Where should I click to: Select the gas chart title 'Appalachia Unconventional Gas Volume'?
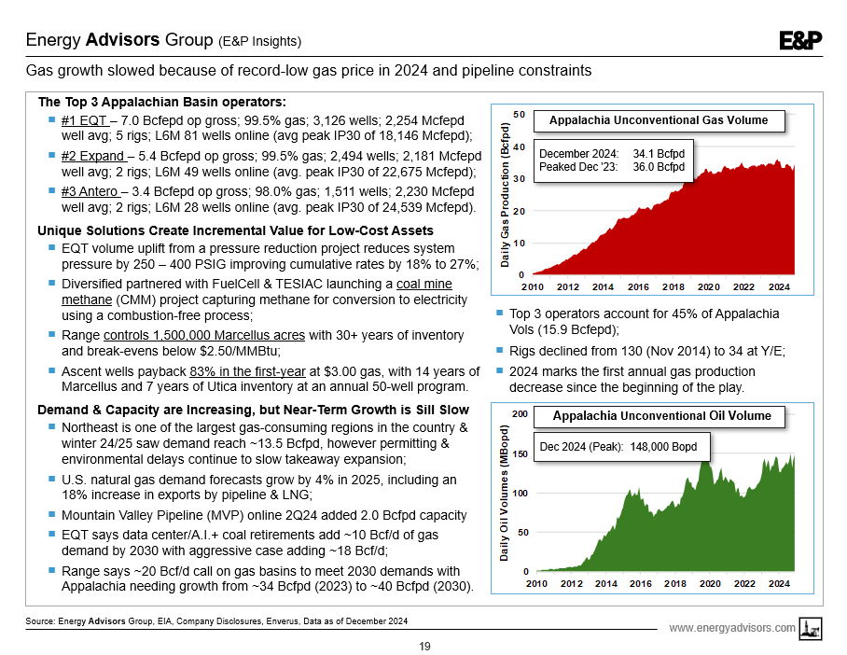[x=659, y=120]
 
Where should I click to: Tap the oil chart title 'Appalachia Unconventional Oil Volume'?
[x=662, y=415]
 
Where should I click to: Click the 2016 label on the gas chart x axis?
[x=639, y=286]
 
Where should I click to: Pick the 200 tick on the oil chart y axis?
[x=520, y=413]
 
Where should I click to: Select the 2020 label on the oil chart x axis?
[x=709, y=583]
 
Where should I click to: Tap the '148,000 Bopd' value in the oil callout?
[x=663, y=447]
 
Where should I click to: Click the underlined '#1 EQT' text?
[x=82, y=121]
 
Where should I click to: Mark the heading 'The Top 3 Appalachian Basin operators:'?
[x=161, y=102]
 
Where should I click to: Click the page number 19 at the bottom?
[x=424, y=646]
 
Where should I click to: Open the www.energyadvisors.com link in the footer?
[x=732, y=628]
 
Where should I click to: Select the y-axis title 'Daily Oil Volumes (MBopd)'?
[x=505, y=494]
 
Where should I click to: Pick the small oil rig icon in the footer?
[x=812, y=629]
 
